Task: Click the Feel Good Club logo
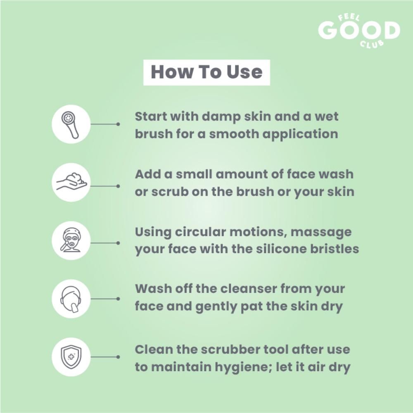[359, 31]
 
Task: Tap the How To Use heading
[206, 72]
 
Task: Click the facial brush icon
[71, 124]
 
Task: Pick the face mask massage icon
[71, 240]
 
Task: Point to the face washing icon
[71, 299]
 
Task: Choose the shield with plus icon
[71, 357]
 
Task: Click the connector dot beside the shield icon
[118, 357]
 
